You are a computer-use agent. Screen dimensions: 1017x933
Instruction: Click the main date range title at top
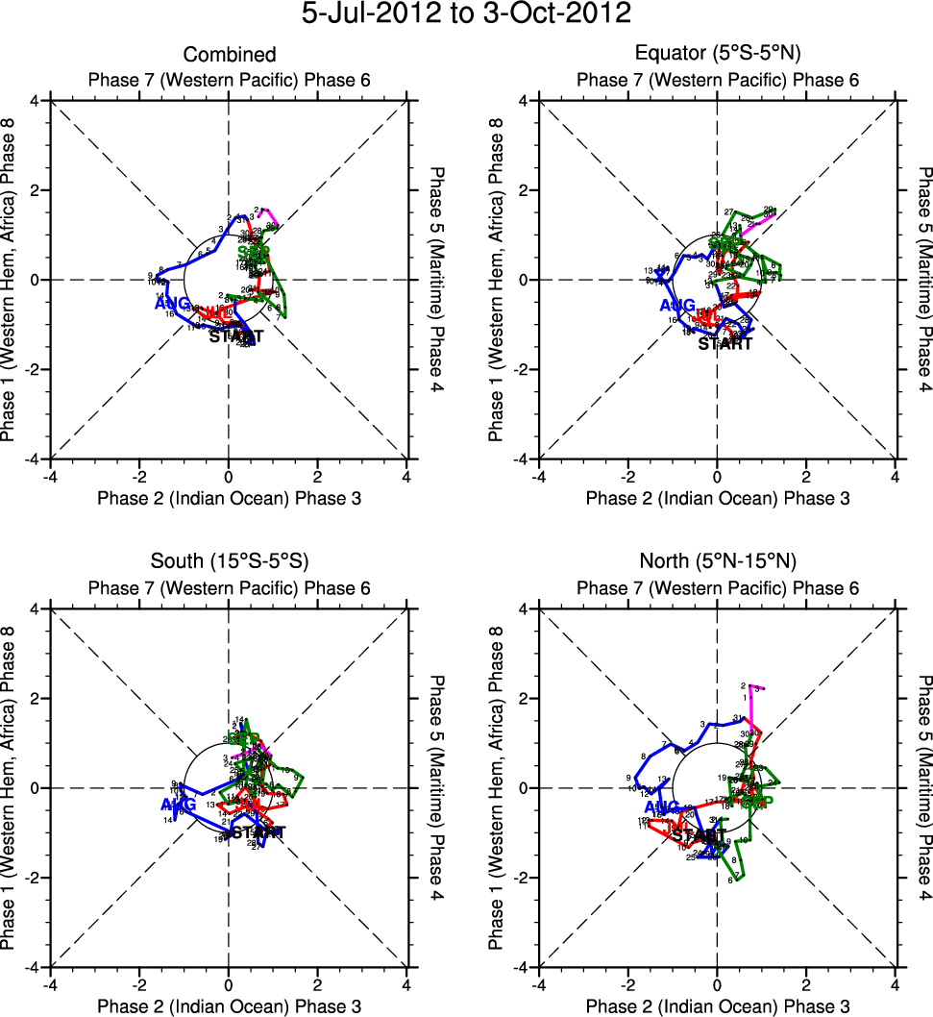466,14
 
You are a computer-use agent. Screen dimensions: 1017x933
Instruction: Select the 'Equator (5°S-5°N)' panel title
718,55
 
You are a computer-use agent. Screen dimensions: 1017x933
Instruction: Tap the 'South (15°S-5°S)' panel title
229,561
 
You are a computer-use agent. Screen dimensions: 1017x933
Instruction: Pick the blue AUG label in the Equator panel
677,306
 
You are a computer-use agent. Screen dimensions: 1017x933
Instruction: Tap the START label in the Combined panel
235,337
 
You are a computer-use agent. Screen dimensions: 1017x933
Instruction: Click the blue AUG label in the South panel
177,804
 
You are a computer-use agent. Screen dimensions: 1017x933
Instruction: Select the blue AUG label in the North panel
663,806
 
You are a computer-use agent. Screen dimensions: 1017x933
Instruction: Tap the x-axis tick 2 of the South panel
318,985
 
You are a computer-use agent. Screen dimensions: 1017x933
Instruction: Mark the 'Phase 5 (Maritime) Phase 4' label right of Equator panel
923,279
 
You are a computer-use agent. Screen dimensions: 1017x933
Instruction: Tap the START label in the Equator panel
725,343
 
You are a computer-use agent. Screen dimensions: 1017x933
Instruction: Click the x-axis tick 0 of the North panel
717,985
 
